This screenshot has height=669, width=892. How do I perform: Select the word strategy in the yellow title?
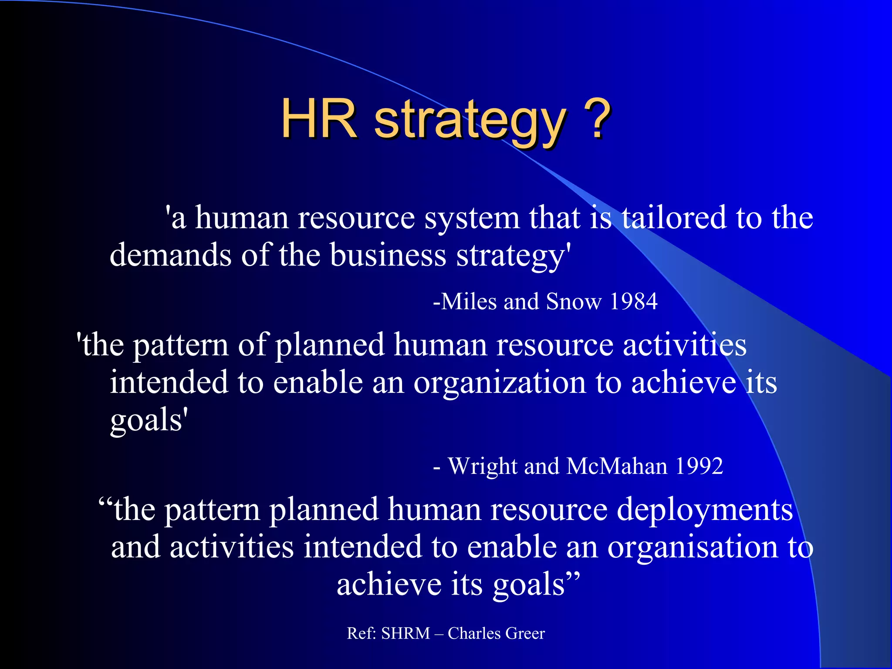coord(470,122)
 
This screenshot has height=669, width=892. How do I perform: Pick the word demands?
coord(170,255)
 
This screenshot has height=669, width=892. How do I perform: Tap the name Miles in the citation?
coord(469,301)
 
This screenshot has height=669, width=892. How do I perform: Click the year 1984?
coord(634,301)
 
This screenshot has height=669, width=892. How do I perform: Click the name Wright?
coord(483,466)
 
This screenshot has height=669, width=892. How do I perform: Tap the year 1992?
coord(699,466)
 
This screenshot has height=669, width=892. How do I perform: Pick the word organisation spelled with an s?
coord(693,548)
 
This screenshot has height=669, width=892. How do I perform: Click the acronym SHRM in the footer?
coord(405,633)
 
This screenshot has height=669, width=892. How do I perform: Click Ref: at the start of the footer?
coord(362,633)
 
